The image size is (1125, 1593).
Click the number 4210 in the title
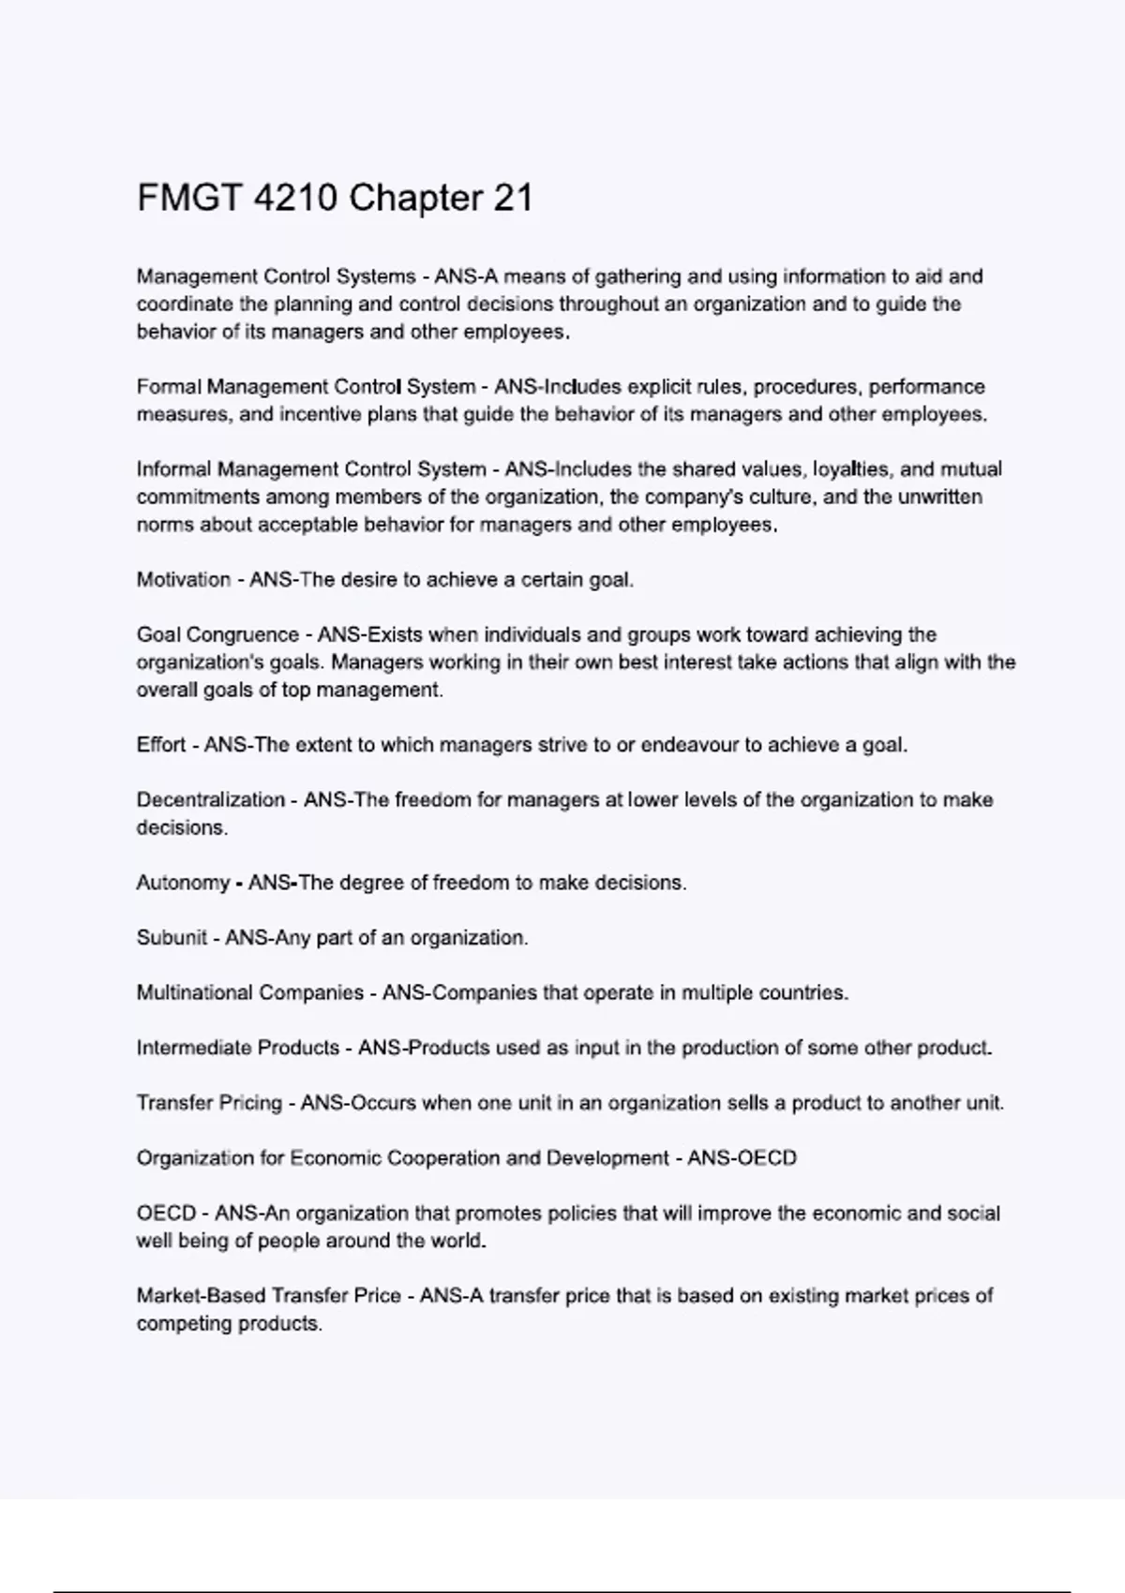tap(295, 199)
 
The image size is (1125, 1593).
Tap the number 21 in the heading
tap(512, 199)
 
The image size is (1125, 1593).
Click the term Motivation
tap(184, 580)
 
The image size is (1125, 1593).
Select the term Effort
tap(161, 745)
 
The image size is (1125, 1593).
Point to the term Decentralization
tap(211, 800)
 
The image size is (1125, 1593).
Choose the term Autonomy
tap(183, 883)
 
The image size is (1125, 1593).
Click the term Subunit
tap(172, 938)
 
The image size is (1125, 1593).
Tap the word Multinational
tap(193, 993)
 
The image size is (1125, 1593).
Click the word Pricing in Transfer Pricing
tap(250, 1103)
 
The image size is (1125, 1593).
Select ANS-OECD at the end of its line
tap(742, 1158)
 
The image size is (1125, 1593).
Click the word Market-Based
tap(200, 1296)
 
